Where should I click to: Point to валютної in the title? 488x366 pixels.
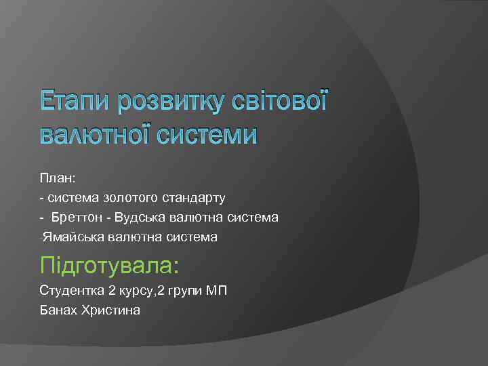point(94,134)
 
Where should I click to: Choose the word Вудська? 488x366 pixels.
point(138,218)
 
